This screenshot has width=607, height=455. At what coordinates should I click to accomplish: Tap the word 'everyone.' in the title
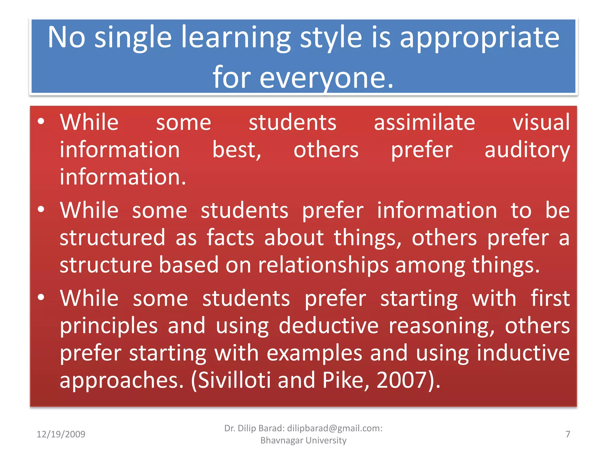(326, 78)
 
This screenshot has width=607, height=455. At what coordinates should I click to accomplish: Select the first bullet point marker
(41, 121)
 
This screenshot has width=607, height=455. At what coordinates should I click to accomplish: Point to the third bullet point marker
(41, 297)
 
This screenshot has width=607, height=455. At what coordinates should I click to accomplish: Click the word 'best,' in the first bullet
(237, 150)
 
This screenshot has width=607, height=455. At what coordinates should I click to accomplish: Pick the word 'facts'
(230, 237)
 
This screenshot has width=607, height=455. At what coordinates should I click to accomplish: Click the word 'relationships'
(323, 265)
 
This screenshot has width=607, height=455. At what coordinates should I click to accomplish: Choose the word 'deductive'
(328, 325)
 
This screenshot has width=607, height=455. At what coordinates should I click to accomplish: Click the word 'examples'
(314, 353)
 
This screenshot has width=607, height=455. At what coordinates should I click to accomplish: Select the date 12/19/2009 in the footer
(61, 434)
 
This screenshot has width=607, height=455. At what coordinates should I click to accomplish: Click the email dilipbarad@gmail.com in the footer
(333, 428)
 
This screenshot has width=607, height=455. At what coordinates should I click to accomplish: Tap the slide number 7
(568, 434)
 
